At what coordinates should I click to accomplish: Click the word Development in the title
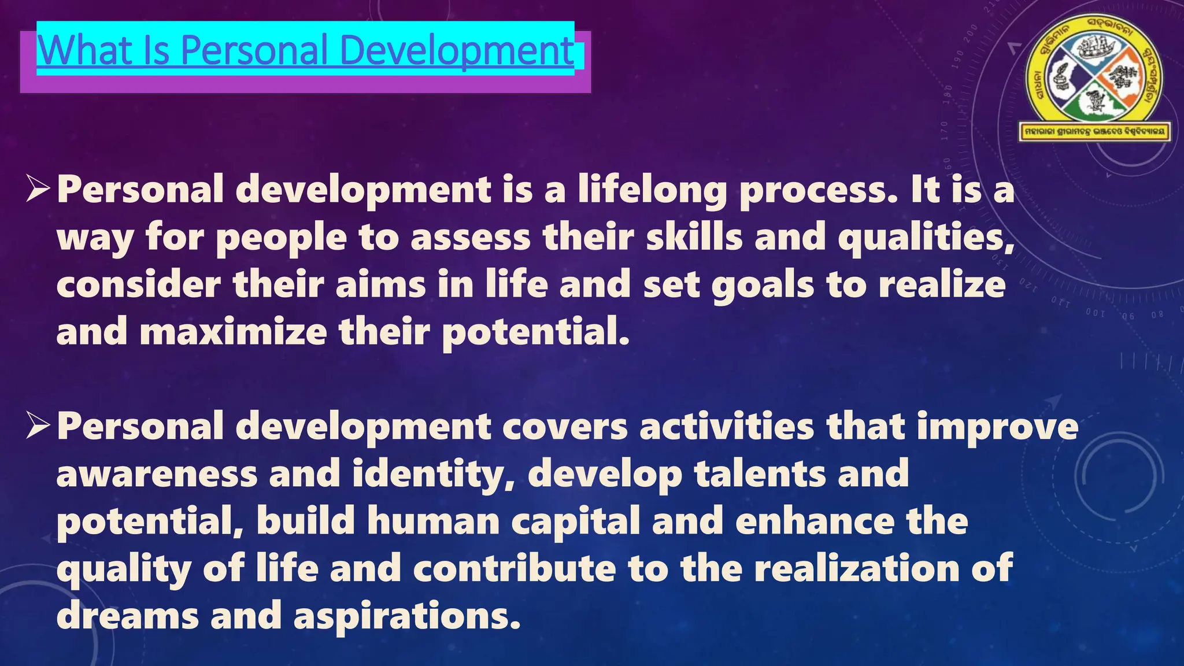point(461,51)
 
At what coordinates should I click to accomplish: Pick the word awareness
point(157,474)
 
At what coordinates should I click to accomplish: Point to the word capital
point(575,522)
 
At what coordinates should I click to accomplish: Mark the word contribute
point(515,569)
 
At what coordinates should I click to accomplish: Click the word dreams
point(128,616)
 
